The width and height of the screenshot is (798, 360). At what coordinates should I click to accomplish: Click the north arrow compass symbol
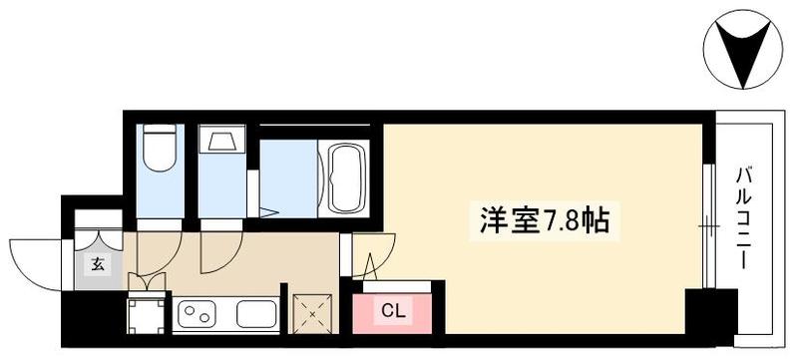point(742,50)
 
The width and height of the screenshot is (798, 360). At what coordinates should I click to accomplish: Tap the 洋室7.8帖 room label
point(544,221)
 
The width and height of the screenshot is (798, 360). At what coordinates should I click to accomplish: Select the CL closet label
point(394,312)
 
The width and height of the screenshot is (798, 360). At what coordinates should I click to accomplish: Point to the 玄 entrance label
point(98,264)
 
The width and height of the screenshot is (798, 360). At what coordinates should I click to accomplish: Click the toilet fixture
point(160,148)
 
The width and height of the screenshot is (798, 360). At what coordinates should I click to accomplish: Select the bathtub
point(346,178)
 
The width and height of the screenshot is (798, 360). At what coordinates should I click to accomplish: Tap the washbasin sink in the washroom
point(221,139)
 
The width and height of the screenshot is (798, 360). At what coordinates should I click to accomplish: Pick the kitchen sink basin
point(256,314)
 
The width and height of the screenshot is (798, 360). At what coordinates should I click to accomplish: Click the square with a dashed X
point(312,314)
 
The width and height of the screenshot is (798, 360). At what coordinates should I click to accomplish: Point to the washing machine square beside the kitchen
point(146,315)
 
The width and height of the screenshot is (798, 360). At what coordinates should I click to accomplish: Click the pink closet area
point(392,313)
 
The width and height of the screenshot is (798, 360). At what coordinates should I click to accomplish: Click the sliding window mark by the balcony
point(708,225)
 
